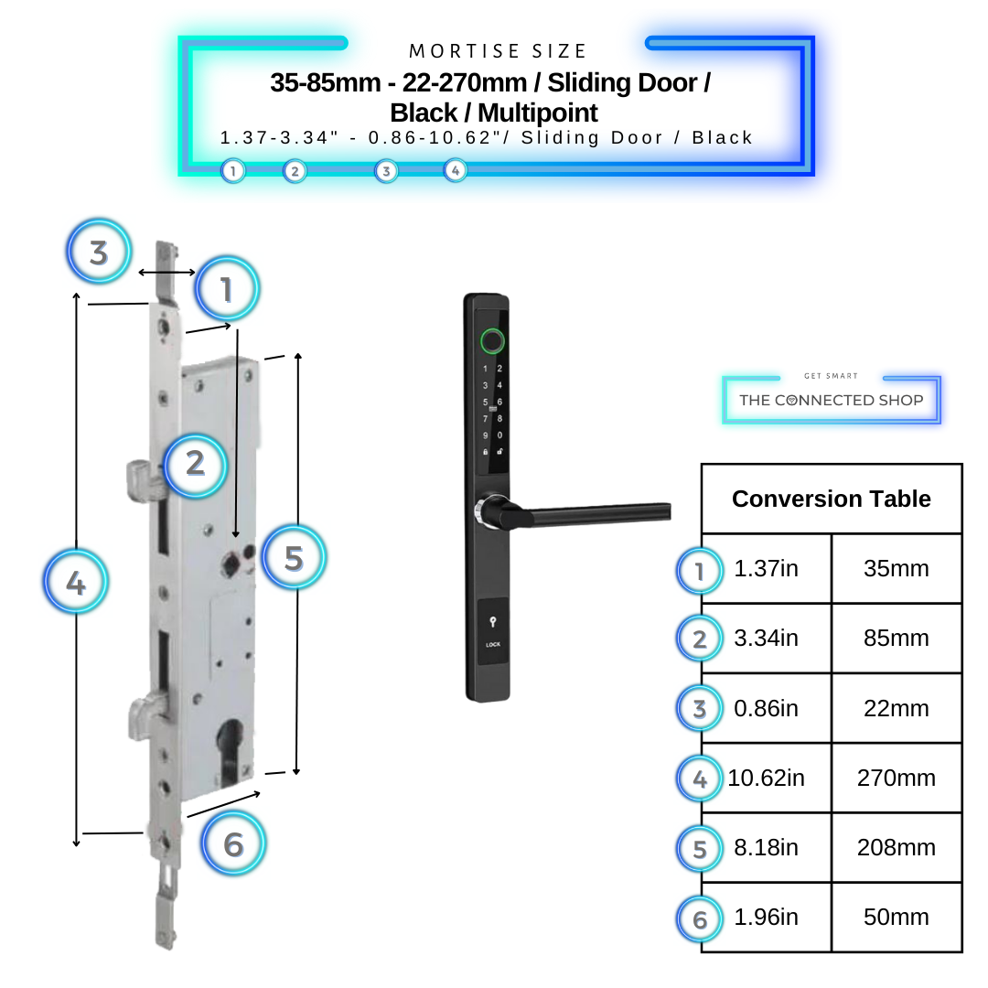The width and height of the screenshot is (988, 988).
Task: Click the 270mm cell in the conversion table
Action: click(896, 778)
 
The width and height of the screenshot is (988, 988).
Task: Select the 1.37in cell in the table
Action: click(766, 569)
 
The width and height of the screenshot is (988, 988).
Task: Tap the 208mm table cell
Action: click(896, 847)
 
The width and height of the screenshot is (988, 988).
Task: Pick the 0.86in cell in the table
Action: click(766, 708)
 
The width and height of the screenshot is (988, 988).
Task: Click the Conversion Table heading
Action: click(831, 499)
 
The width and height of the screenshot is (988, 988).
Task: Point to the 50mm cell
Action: click(896, 917)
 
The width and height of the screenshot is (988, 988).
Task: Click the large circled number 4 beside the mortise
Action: click(76, 582)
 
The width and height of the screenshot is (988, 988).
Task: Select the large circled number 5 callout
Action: click(294, 557)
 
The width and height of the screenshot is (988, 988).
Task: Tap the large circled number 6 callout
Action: click(233, 844)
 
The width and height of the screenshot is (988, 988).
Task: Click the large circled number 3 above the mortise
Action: click(99, 252)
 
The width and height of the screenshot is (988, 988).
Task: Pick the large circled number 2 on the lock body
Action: click(195, 464)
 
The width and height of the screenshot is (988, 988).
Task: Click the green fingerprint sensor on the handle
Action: click(491, 341)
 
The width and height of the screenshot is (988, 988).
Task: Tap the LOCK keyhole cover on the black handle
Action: click(493, 631)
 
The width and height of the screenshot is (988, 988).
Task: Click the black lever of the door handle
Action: click(595, 515)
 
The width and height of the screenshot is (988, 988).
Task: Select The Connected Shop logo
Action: click(831, 400)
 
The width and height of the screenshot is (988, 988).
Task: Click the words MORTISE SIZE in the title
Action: click(499, 51)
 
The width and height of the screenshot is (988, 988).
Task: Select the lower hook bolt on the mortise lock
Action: click(145, 714)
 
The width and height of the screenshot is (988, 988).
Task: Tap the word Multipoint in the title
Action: click(537, 113)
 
